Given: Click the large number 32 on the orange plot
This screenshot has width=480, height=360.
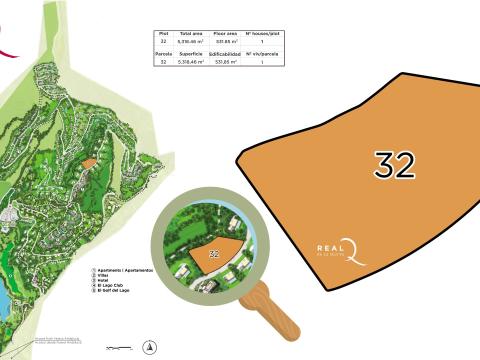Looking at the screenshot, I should [394, 165].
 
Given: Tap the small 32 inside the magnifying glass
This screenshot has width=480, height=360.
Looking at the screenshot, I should [214, 254].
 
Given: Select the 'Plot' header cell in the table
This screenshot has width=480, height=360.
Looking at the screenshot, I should [163, 34].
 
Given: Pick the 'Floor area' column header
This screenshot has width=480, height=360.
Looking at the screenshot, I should [225, 34].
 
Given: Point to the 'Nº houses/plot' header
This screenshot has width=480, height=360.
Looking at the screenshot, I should [261, 34].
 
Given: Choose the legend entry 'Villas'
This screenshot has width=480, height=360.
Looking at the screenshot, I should [104, 276].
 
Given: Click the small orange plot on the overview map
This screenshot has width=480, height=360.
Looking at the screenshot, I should [88, 163].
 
